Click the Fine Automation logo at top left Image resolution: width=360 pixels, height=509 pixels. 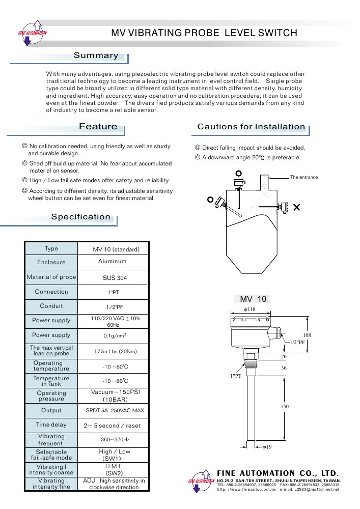(x=32, y=33)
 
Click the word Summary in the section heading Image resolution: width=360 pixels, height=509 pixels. (x=96, y=55)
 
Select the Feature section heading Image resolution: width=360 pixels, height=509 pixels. (x=98, y=126)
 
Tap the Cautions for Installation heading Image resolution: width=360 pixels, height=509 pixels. (x=251, y=127)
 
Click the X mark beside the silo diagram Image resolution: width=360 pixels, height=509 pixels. (x=296, y=207)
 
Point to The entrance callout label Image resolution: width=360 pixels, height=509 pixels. (x=304, y=177)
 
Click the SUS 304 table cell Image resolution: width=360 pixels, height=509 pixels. (x=115, y=278)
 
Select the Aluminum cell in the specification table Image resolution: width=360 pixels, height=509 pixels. (x=113, y=261)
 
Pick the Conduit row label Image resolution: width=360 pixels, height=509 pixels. (x=51, y=306)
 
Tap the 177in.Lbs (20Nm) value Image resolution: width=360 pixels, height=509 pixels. (x=116, y=351)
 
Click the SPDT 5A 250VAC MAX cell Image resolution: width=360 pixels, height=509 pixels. (x=115, y=410)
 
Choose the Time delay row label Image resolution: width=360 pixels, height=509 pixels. (x=51, y=425)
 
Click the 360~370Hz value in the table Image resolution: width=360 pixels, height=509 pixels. (x=115, y=440)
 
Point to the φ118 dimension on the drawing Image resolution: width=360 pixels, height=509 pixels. (x=250, y=309)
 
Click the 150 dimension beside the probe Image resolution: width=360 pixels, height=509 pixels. (x=285, y=406)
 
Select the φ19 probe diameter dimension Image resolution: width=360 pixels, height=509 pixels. (x=267, y=447)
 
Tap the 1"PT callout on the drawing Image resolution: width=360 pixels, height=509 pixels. (x=236, y=376)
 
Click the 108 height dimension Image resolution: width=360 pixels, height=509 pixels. (x=307, y=335)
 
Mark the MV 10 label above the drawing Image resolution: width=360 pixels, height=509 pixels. (x=253, y=299)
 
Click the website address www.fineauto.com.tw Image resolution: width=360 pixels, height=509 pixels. (x=246, y=489)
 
